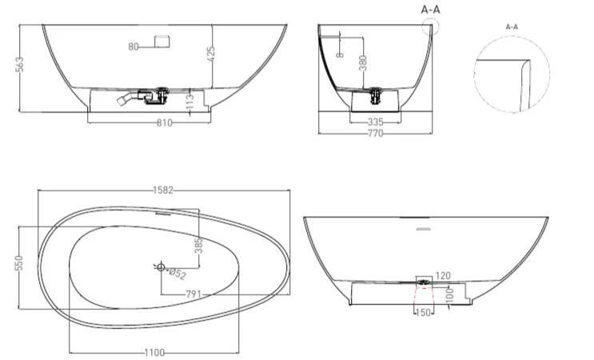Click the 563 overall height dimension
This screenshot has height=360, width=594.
click(x=20, y=65)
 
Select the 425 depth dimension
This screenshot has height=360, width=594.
click(x=211, y=54)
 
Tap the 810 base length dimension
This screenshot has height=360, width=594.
click(x=165, y=122)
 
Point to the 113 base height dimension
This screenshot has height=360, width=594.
click(x=190, y=101)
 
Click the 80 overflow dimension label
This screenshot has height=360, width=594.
click(x=134, y=46)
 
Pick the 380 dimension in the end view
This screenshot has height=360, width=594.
click(x=362, y=63)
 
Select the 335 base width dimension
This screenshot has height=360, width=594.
click(x=376, y=122)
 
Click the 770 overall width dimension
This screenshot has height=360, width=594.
click(x=376, y=133)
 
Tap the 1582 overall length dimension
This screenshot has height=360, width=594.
click(x=163, y=190)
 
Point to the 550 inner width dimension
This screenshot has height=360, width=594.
click(x=19, y=263)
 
